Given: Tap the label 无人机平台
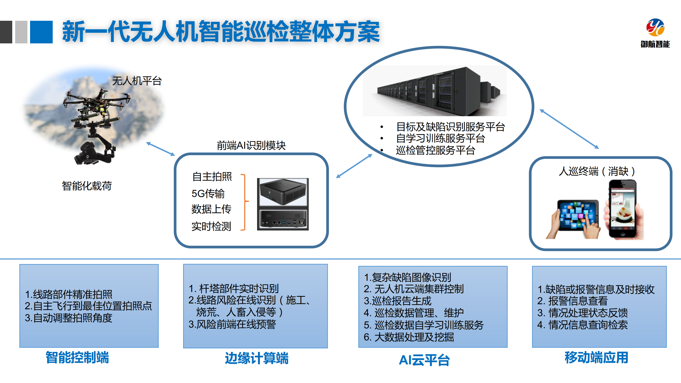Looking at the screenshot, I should pyautogui.click(x=137, y=81).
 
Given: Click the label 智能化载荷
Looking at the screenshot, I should pyautogui.click(x=87, y=186).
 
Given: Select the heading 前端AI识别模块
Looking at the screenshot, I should pyautogui.click(x=251, y=145).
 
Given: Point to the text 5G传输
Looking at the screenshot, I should pyautogui.click(x=208, y=193).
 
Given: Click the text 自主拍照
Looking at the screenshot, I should pyautogui.click(x=212, y=177).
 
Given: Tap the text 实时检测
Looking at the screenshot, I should pyautogui.click(x=211, y=226).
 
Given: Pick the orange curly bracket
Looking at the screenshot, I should pyautogui.click(x=244, y=202).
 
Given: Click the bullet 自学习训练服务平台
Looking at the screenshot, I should pyautogui.click(x=440, y=138).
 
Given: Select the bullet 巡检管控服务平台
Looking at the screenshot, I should pyautogui.click(x=435, y=150).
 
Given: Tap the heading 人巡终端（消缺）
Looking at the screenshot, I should pyautogui.click(x=597, y=171).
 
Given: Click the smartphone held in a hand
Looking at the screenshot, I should pyautogui.click(x=623, y=209).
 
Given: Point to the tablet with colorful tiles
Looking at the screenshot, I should pyautogui.click(x=577, y=216).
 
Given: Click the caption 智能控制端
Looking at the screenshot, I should pyautogui.click(x=77, y=357).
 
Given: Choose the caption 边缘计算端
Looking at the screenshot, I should pyautogui.click(x=257, y=358).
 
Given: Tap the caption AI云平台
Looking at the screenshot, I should pyautogui.click(x=424, y=360).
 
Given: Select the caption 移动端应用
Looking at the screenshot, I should pyautogui.click(x=596, y=357).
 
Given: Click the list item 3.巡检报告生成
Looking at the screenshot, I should pyautogui.click(x=397, y=301).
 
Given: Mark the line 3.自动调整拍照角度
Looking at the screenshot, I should pyautogui.click(x=68, y=318).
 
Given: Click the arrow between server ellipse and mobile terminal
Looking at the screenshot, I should pyautogui.click(x=569, y=129).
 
